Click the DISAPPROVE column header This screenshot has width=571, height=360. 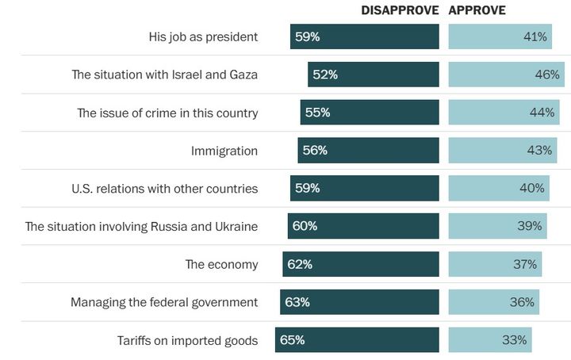(x=400, y=10)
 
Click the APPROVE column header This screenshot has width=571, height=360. (x=477, y=10)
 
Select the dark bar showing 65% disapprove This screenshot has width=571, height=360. (x=357, y=340)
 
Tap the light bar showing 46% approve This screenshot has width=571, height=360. (x=506, y=75)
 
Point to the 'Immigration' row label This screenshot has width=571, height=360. (x=224, y=151)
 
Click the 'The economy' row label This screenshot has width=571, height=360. (x=221, y=264)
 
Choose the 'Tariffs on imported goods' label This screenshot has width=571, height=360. (x=186, y=340)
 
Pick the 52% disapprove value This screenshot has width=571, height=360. (x=325, y=75)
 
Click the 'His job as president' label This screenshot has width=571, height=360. (x=203, y=36)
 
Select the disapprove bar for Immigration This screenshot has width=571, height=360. (x=368, y=151)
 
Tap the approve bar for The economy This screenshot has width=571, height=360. (x=495, y=264)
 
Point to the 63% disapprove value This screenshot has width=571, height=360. (x=297, y=302)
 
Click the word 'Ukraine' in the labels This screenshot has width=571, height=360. (x=235, y=226)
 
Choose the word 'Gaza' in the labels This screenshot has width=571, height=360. (x=241, y=75)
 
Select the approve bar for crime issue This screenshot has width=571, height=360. (x=504, y=113)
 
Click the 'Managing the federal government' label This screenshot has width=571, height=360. (x=164, y=302)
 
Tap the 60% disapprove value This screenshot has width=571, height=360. (x=305, y=226)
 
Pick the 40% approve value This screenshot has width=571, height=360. (x=532, y=188)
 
